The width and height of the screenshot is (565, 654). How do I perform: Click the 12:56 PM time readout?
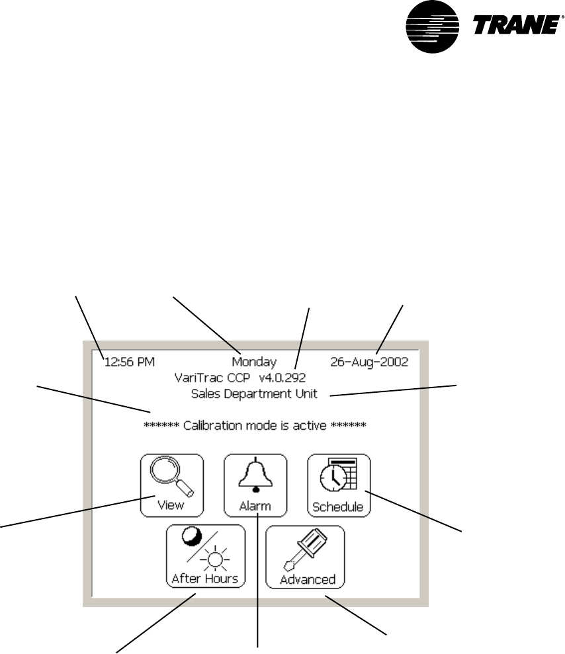tap(129, 362)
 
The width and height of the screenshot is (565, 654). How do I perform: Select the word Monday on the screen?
tap(254, 362)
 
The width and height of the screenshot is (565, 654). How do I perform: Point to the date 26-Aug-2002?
tap(369, 362)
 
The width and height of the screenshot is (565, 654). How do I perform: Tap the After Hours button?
tap(205, 555)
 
